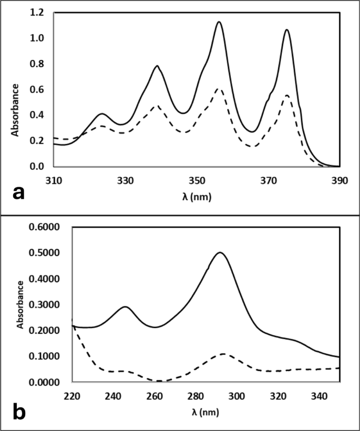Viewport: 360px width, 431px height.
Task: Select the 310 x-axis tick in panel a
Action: coord(54,180)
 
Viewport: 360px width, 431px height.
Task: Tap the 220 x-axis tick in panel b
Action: coord(71,395)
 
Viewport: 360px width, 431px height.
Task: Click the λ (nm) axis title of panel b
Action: coord(205,412)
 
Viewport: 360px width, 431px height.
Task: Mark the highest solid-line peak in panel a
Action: coord(219,22)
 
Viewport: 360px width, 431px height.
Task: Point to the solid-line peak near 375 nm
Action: coord(287,29)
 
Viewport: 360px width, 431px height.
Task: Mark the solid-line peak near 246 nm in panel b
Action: coord(125,306)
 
